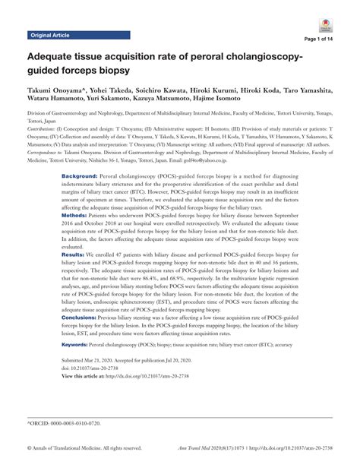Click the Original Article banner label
50,36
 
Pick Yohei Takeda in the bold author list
101,89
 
